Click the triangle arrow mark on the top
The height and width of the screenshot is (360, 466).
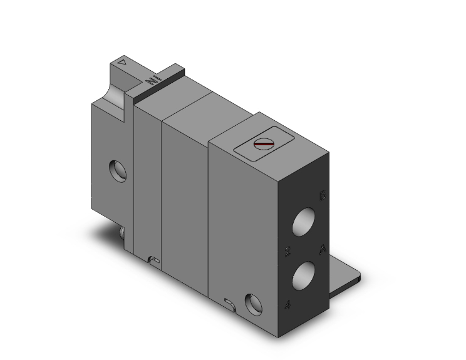coord(123,63)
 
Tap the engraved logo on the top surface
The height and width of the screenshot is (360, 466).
coord(152,80)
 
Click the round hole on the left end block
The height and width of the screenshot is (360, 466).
coord(116,169)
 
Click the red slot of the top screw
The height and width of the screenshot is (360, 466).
coord(264,145)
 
